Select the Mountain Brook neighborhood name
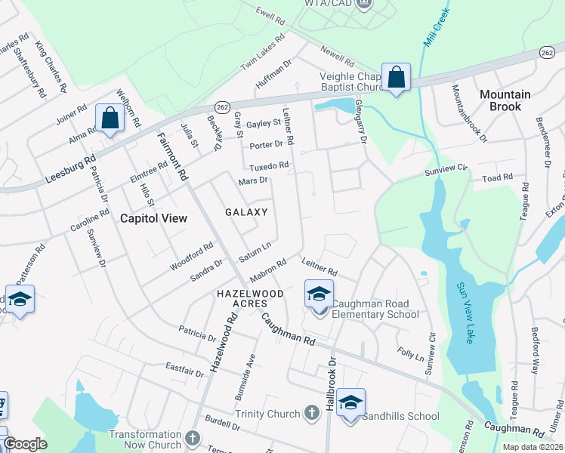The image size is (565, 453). point(505,100)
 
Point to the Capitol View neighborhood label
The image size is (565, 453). point(153,218)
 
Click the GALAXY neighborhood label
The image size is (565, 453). point(246,213)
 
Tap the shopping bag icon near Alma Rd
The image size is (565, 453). point(110,119)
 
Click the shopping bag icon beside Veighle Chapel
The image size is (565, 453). point(396,77)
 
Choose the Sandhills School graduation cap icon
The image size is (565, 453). point(350,403)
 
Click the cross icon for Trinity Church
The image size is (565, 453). point(311,412)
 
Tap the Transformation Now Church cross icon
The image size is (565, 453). point(193,438)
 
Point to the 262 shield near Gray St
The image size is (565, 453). point(222,107)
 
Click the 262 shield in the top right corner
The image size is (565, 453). point(548,51)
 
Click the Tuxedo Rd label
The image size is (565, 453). point(269,165)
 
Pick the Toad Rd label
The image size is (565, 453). point(498,178)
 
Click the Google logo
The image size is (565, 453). point(25,444)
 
